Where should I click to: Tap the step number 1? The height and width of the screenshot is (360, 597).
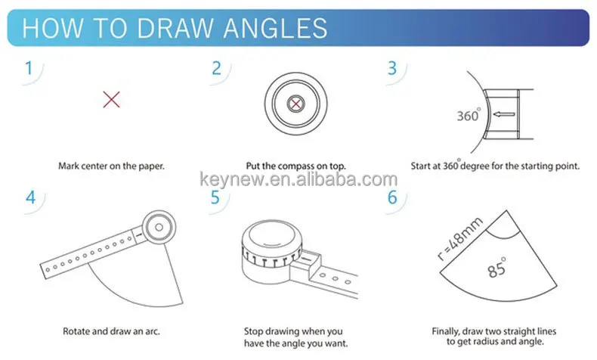pos(29,68)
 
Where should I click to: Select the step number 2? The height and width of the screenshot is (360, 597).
pos(216,68)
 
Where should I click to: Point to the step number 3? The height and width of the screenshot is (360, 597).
pos(391,68)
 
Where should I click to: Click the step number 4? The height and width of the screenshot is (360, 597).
pos(31,198)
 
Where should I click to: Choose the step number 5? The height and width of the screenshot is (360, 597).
pos(215,198)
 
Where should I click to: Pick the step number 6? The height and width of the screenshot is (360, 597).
pos(391,198)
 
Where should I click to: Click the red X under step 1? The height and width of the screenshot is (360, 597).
pos(111,98)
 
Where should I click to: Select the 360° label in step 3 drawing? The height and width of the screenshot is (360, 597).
pos(469,116)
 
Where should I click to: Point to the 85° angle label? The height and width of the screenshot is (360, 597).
pos(497,270)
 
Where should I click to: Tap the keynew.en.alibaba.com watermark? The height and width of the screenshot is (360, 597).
pos(298,180)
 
